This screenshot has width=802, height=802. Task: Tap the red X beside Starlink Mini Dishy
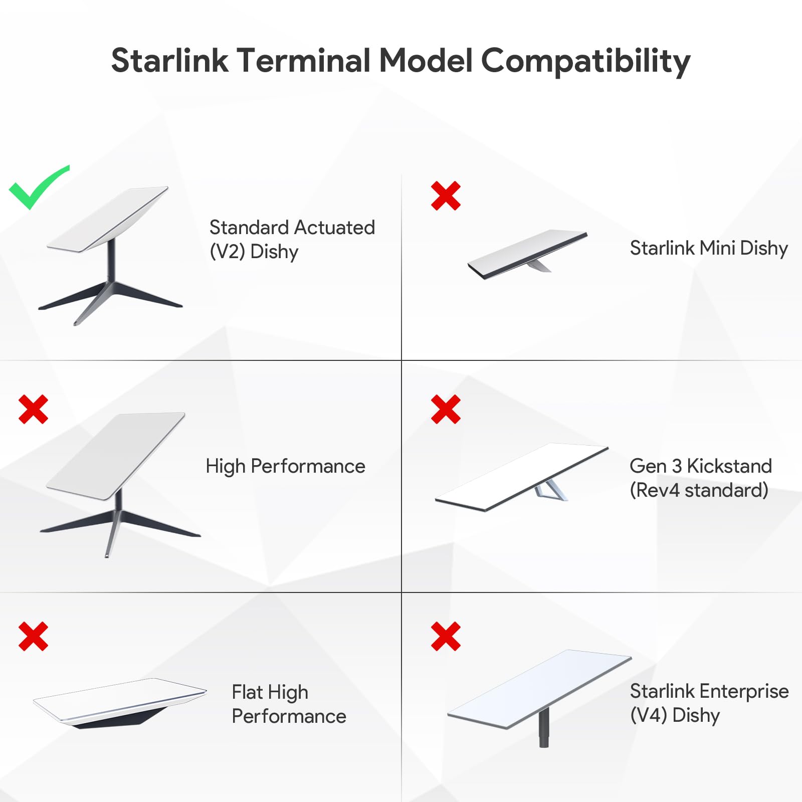[446, 195]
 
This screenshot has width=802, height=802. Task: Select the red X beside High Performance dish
[33, 409]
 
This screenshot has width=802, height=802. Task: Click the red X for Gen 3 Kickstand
[446, 409]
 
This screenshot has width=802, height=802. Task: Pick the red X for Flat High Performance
[33, 636]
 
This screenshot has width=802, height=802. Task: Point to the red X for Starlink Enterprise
[446, 636]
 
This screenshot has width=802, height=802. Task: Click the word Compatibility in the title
[585, 61]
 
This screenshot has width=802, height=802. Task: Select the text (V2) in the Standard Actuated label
[227, 252]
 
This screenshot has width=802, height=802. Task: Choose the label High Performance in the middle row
[285, 466]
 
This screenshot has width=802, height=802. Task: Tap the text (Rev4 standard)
[699, 490]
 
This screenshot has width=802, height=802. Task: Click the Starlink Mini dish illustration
[527, 254]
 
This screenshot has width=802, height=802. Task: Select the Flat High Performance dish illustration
[120, 703]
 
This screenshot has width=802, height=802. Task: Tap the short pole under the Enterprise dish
[544, 727]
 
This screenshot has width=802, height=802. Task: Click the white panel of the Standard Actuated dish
[108, 219]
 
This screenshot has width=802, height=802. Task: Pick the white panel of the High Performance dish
[115, 456]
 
